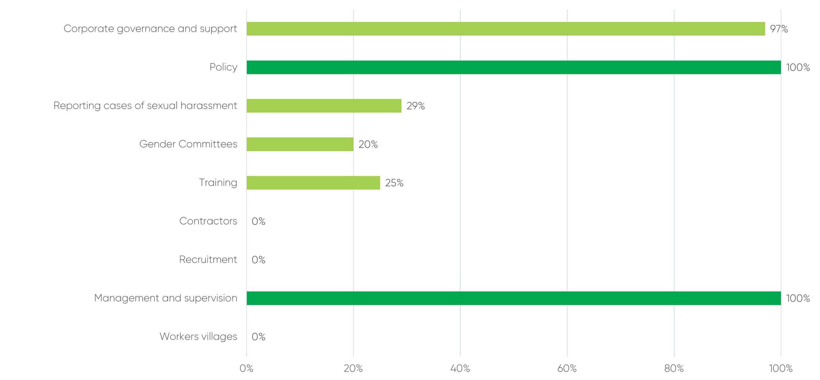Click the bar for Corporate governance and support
506,29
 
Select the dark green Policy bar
514,67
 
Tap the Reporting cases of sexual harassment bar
324,106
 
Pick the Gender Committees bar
300,144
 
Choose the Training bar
313,183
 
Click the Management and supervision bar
514,298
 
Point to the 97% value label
779,29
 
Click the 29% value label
415,106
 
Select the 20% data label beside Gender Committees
368,144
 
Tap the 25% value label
394,183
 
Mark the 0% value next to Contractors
258,221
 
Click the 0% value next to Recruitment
258,260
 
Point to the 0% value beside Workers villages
258,337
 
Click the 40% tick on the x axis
460,368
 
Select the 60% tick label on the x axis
567,368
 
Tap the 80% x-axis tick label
674,368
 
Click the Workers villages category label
198,336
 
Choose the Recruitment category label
208,260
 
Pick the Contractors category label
208,221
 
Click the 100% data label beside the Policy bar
798,67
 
